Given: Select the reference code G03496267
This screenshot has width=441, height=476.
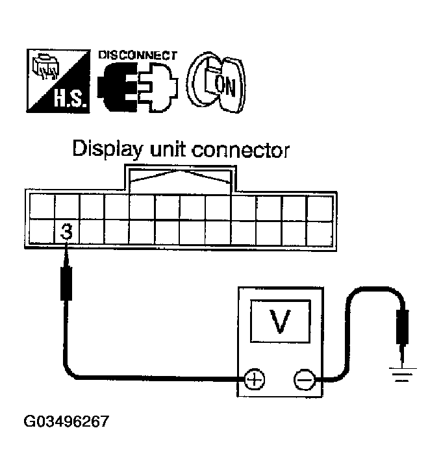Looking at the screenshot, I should pos(66,421).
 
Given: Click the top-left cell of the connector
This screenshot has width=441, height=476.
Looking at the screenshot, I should pos(41,207).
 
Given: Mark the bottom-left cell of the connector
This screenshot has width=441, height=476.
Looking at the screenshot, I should pos(41,232).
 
